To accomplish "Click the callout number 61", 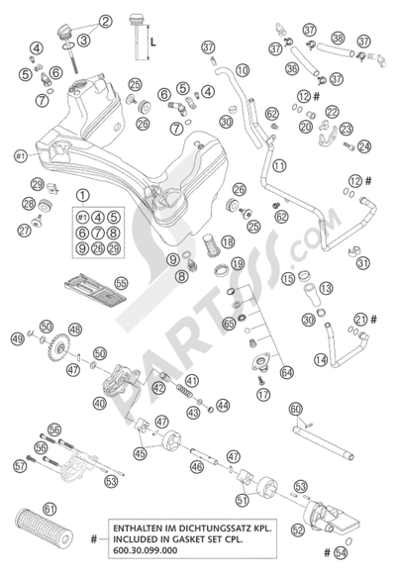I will click(x=64, y=509).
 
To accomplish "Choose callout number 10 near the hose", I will click(x=243, y=71).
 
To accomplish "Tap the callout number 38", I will click(x=339, y=39).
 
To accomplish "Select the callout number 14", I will click(x=322, y=362).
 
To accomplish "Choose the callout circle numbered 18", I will click(x=228, y=241).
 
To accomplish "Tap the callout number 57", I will click(x=20, y=466).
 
